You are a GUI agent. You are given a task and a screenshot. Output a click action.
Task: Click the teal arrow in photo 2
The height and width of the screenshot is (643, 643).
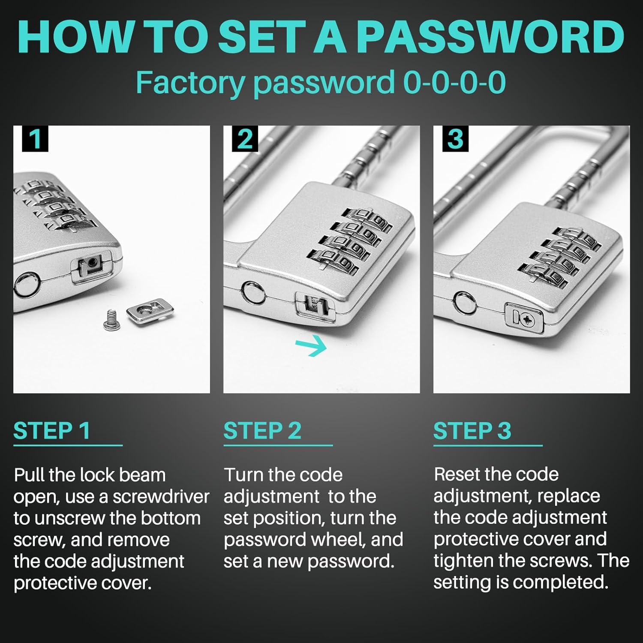point(311,346)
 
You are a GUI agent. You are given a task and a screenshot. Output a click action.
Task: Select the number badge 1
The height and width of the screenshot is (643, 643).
point(35,138)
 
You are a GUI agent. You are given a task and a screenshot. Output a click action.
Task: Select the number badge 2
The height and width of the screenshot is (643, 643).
point(245,138)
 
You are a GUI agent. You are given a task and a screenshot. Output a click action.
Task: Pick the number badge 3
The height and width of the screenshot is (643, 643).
point(455,138)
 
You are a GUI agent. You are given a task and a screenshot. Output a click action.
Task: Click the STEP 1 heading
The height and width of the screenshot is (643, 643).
point(52,431)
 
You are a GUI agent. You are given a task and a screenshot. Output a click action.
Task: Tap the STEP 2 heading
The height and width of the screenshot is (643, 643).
point(262,431)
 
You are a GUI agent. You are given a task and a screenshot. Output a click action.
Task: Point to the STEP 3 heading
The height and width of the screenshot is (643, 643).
point(472,431)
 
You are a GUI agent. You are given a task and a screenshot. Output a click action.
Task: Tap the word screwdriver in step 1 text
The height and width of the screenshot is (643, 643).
point(161,496)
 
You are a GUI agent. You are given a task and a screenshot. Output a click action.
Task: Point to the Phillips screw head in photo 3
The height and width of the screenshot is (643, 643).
point(527,318)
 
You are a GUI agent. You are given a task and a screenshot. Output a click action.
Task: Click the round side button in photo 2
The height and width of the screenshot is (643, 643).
point(253,292)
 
